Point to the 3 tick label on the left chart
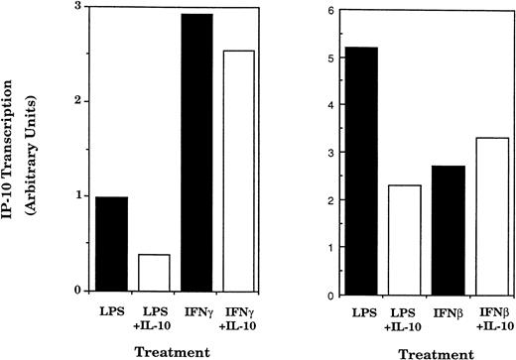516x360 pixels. pyautogui.click(x=79, y=7)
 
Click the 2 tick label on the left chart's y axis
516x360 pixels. pyautogui.click(x=79, y=101)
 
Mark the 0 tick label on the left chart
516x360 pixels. pyautogui.click(x=79, y=290)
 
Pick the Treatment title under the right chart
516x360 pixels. pyautogui.click(x=431, y=352)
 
